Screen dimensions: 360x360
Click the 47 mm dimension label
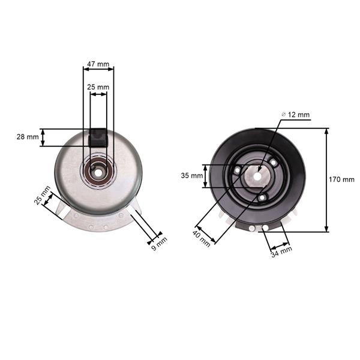[98, 64]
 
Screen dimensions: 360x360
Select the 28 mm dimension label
[28, 137]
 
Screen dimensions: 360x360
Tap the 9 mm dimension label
[160, 244]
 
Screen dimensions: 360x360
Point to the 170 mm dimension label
[341, 179]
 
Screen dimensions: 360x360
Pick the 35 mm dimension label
[192, 176]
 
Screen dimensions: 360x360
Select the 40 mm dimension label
[202, 239]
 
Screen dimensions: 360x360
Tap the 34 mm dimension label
[281, 251]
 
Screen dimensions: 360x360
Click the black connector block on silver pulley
[98, 138]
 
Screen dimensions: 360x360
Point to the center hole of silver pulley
[98, 173]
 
